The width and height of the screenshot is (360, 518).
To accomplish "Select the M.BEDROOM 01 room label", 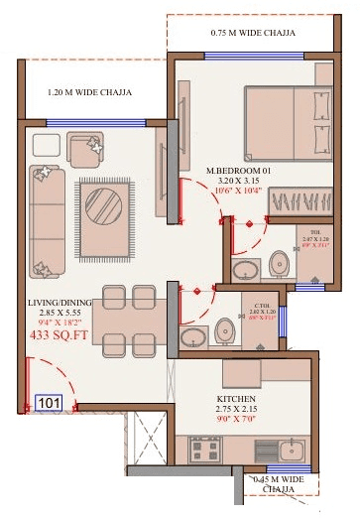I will [238, 171].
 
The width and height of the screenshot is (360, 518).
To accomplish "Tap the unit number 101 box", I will [49, 403].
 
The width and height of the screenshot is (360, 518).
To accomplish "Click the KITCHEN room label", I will [237, 401].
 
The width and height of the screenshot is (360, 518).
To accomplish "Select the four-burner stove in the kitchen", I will [204, 452].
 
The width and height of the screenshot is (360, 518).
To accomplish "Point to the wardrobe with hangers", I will [302, 204].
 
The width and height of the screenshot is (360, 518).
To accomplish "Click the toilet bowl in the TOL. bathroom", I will [281, 264].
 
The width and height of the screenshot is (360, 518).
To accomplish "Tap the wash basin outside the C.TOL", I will [194, 338].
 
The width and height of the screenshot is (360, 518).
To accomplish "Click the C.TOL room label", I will [261, 306].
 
